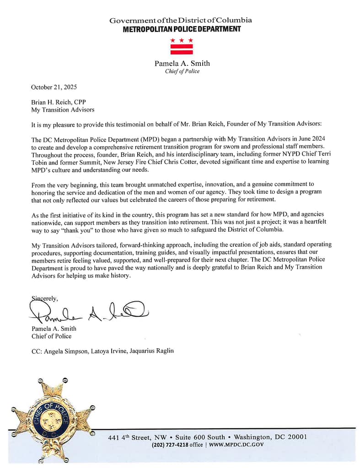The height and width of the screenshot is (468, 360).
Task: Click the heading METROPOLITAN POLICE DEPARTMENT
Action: [x=182, y=29]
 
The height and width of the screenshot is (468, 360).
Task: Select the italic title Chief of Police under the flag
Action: [x=182, y=71]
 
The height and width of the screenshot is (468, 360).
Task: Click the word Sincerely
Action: [x=44, y=298]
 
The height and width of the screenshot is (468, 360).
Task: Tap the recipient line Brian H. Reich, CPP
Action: [x=58, y=102]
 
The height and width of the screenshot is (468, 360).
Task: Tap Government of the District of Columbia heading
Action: [x=181, y=21]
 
